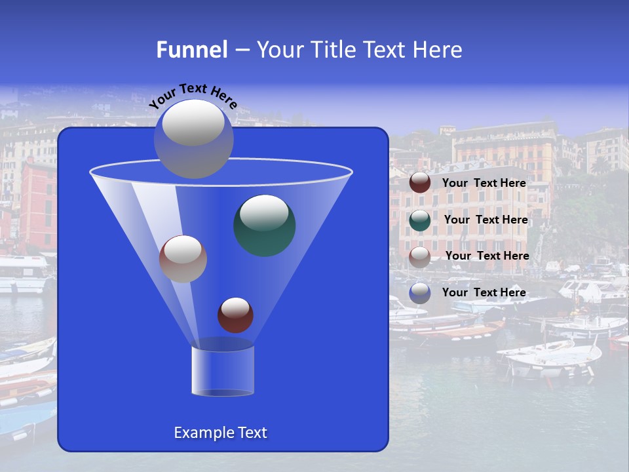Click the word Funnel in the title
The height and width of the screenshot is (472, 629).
click(x=191, y=49)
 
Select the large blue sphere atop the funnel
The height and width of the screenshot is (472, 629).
click(x=193, y=138)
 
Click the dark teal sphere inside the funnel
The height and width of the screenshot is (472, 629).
click(x=265, y=225)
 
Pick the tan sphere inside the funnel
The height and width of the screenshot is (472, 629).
click(x=183, y=258)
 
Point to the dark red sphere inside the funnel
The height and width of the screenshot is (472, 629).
click(x=235, y=315)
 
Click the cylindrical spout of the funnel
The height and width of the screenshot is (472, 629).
click(x=223, y=370)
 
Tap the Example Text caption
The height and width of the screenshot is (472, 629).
click(x=220, y=433)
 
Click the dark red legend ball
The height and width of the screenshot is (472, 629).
click(x=420, y=183)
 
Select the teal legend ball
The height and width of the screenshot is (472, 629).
click(x=420, y=220)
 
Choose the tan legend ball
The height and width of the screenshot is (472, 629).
click(x=420, y=256)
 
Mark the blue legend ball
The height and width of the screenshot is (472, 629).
click(x=420, y=292)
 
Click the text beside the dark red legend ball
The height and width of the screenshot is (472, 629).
click(x=484, y=184)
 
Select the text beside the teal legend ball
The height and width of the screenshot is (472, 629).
click(x=486, y=220)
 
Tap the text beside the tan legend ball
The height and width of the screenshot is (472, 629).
click(x=487, y=256)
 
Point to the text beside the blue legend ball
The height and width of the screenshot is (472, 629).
click(x=484, y=292)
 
